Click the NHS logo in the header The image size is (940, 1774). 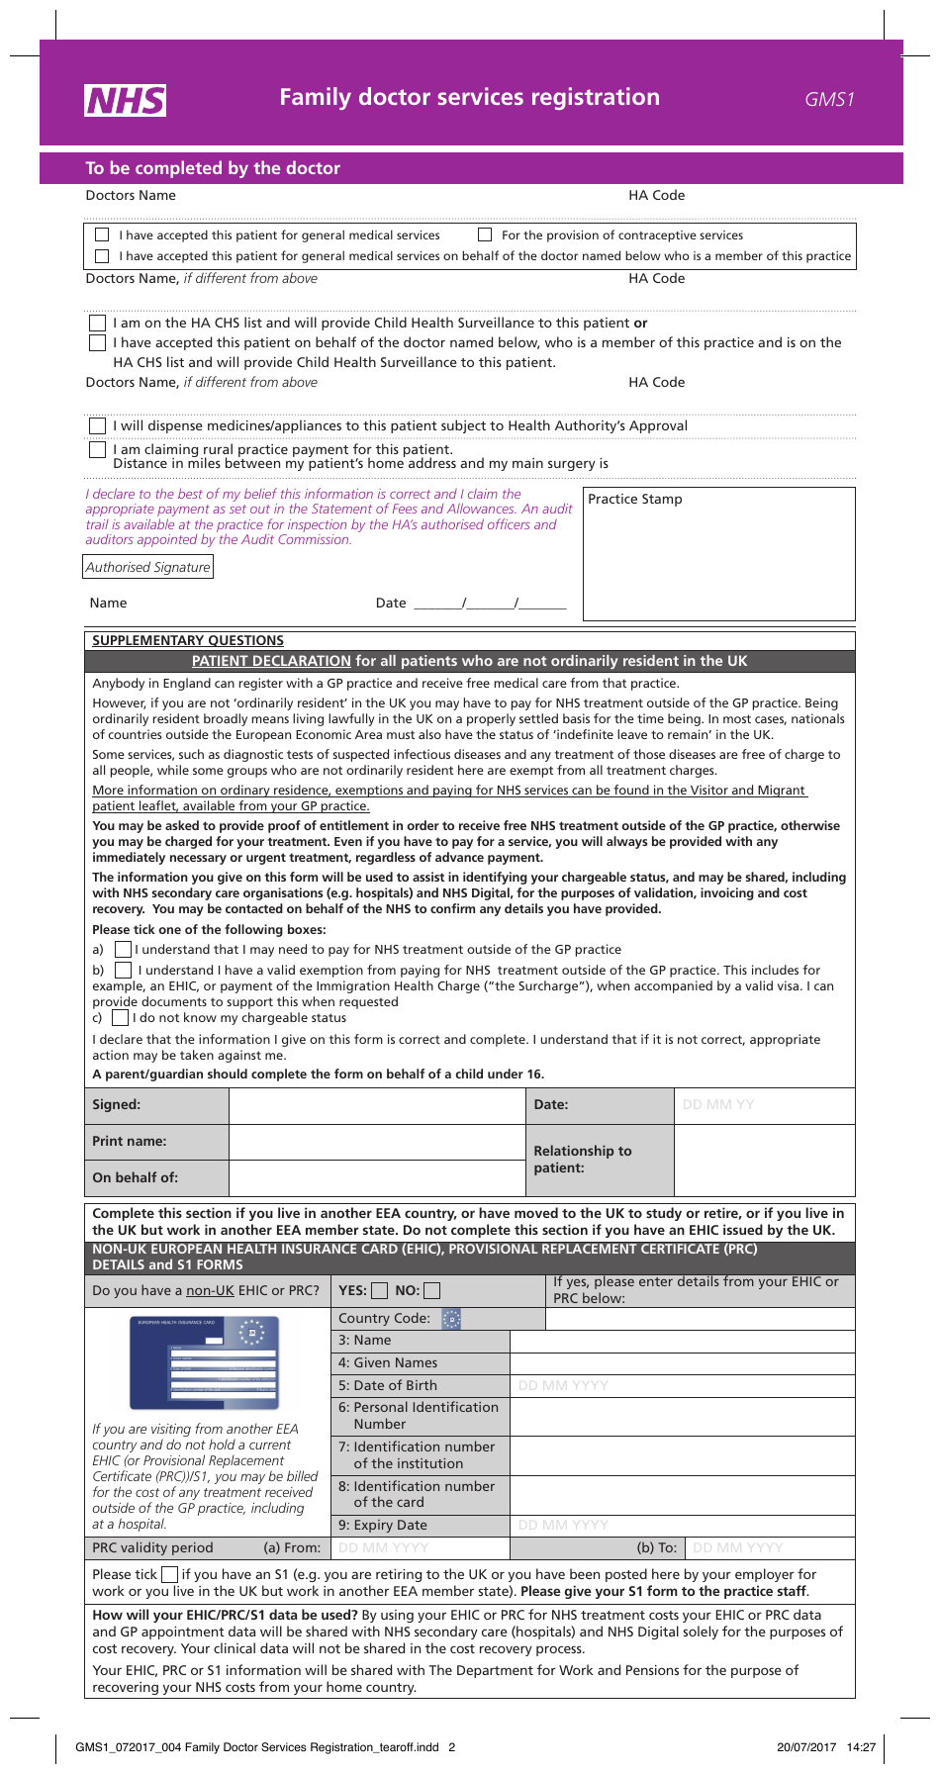(x=126, y=100)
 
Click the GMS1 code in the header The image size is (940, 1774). (x=829, y=99)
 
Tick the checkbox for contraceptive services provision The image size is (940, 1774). (x=485, y=235)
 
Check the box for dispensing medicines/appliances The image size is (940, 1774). (x=97, y=426)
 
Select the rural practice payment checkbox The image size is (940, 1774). (x=97, y=450)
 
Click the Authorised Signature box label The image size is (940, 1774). (x=147, y=567)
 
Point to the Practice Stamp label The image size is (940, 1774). (x=634, y=500)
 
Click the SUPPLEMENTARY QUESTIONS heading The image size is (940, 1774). (x=188, y=641)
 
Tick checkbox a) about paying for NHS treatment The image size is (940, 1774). (x=123, y=950)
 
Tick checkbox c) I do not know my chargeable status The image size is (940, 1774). (x=120, y=1018)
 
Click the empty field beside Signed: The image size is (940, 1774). (x=376, y=1106)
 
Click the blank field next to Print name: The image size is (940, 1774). (x=376, y=1142)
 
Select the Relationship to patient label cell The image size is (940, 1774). (x=599, y=1160)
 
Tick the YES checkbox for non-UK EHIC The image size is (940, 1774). (x=380, y=1291)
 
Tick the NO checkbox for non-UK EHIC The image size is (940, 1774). (x=432, y=1291)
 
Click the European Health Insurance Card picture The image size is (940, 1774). (x=205, y=1361)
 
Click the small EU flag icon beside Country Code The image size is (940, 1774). (x=451, y=1319)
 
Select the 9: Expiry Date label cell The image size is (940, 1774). (x=420, y=1526)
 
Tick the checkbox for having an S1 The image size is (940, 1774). (x=170, y=1574)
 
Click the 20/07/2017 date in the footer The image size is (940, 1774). (x=806, y=1747)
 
